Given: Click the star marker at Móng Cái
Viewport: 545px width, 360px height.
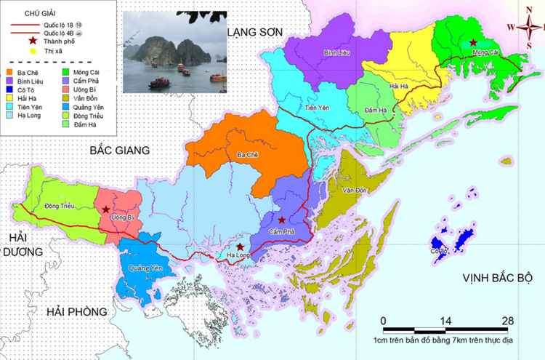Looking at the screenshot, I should (x=474, y=43).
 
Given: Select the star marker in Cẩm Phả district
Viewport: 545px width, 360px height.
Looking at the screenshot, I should (x=281, y=219).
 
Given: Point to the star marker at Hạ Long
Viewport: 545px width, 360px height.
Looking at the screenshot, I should (x=241, y=247).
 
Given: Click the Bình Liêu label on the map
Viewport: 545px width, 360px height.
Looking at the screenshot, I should (x=337, y=53).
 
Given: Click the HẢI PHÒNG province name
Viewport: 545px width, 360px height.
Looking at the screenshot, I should (x=76, y=311).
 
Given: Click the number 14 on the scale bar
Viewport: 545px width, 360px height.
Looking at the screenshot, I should (x=445, y=321).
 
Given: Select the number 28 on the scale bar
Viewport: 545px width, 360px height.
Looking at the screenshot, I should (x=508, y=321).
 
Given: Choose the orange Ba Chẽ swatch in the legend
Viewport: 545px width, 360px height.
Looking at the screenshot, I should (x=9, y=73).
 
